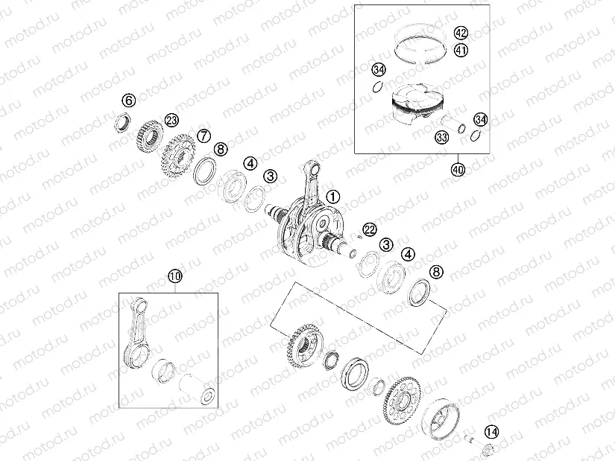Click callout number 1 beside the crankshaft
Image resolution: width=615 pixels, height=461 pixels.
(332, 197)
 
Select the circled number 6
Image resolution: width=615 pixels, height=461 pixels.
(129, 101)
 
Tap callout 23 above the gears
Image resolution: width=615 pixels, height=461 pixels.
(171, 120)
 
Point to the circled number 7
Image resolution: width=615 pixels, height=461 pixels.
(203, 136)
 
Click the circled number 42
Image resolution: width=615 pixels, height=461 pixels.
(461, 33)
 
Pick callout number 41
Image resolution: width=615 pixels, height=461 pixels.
(461, 51)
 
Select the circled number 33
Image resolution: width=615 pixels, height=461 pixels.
(441, 137)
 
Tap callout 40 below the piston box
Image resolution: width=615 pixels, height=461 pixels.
(458, 169)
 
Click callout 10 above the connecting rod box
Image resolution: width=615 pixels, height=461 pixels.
(174, 277)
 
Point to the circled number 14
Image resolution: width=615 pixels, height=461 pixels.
(491, 432)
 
